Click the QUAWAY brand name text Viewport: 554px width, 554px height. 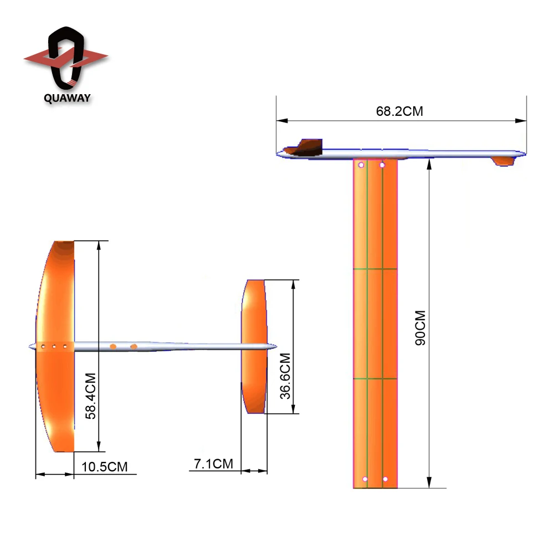(x=67, y=98)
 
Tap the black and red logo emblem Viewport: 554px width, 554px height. (x=66, y=58)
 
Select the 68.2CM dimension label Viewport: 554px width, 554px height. (x=399, y=111)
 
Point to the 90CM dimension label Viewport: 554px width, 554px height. (x=420, y=328)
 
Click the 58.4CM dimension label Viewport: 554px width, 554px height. (x=90, y=396)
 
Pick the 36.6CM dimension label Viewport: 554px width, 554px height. (x=285, y=376)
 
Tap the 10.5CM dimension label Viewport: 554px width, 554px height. (x=105, y=466)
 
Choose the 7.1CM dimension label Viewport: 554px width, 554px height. (x=213, y=464)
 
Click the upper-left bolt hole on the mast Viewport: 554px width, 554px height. (x=361, y=165)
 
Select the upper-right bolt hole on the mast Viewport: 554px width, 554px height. (x=382, y=165)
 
